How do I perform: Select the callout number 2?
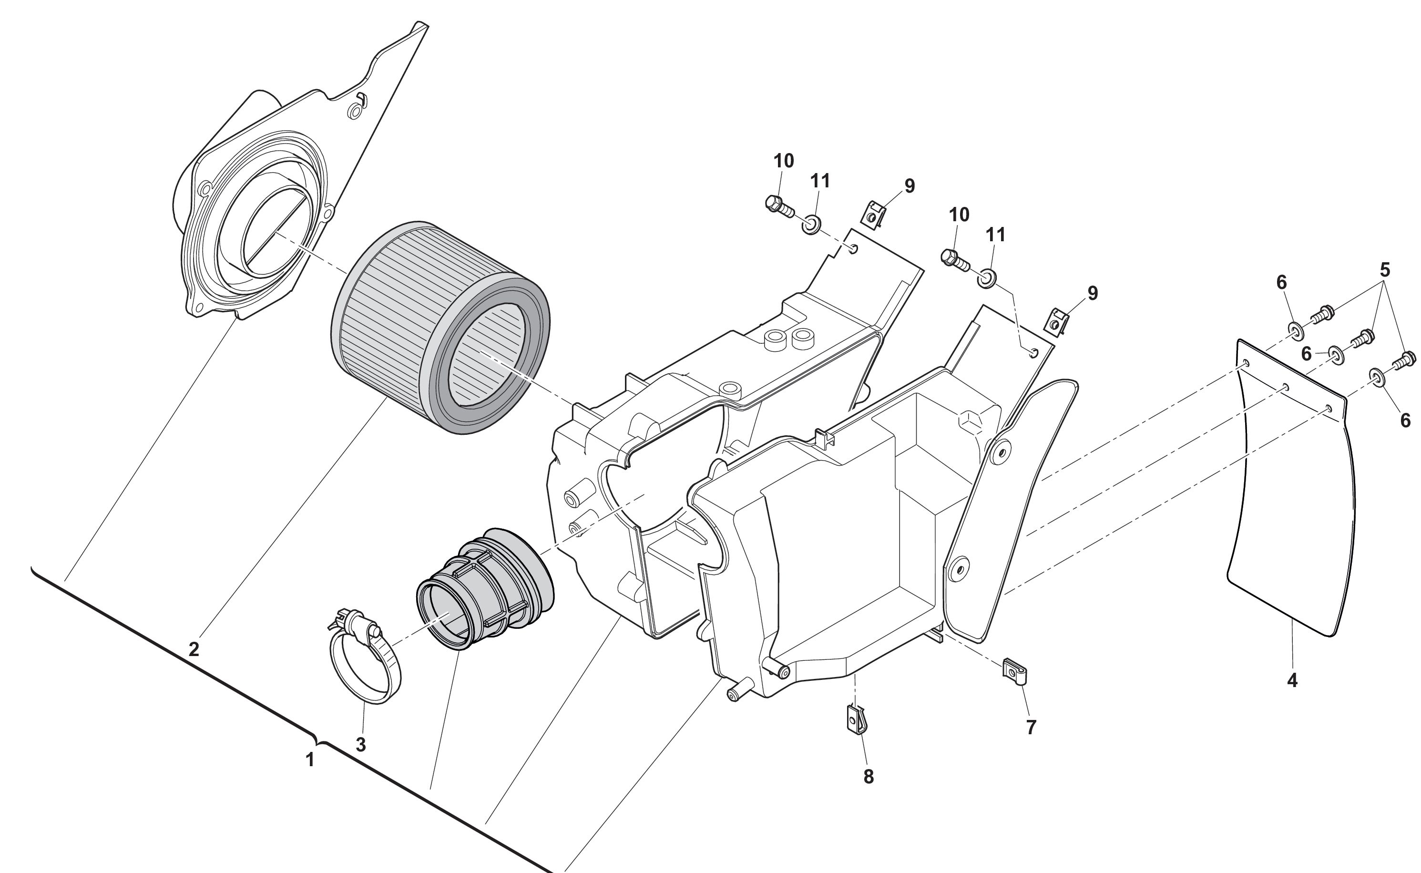pos(194,649)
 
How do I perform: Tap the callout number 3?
pos(361,745)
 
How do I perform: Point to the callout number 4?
pos(1292,681)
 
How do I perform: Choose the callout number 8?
pos(869,777)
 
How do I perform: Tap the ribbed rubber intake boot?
pos(485,589)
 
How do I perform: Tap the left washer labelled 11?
pos(811,224)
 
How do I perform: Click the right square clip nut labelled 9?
pos(1057,321)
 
